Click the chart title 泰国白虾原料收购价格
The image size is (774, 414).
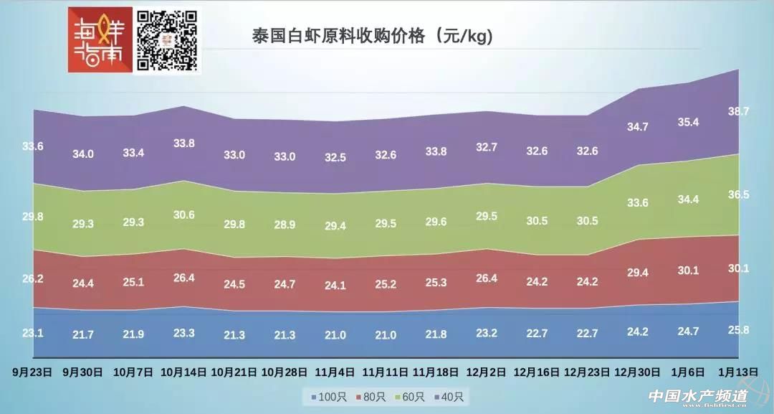coord(373,35)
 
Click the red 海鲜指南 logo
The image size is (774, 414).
coord(100,40)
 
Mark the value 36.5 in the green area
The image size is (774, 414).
coord(738,194)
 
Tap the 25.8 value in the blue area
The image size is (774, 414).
coord(738,330)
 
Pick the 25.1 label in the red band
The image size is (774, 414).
coord(133,282)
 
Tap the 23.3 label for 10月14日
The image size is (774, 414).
coord(184,333)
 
